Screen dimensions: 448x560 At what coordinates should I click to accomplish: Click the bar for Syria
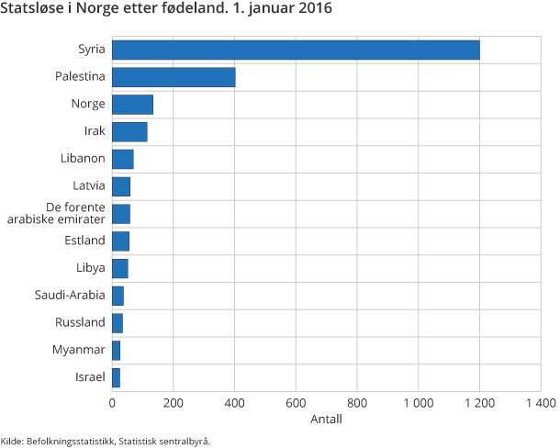tap(296, 50)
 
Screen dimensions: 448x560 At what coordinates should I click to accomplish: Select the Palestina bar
tap(174, 77)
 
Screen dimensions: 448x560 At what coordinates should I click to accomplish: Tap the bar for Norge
tap(132, 104)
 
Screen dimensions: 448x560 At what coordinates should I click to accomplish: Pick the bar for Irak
tap(129, 131)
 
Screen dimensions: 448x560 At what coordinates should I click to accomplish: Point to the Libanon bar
tap(123, 159)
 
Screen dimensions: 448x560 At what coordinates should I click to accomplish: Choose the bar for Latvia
tap(121, 186)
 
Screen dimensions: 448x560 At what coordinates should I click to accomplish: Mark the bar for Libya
tap(120, 268)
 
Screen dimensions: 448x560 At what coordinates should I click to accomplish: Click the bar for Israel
tap(116, 377)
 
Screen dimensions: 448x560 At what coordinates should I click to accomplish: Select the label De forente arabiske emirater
tap(70, 213)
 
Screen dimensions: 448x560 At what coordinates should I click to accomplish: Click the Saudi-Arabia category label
tap(70, 296)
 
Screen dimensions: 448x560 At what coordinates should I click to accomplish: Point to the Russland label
tap(80, 322)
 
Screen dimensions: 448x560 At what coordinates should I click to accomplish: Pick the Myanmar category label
tap(79, 350)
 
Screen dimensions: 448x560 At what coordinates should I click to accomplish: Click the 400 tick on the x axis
tap(235, 402)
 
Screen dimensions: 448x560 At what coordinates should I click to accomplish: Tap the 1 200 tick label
tap(479, 402)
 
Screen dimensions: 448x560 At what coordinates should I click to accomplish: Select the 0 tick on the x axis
tap(112, 402)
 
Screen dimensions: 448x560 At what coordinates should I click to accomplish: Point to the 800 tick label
tap(357, 402)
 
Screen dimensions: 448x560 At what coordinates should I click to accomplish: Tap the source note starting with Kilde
tap(106, 442)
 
